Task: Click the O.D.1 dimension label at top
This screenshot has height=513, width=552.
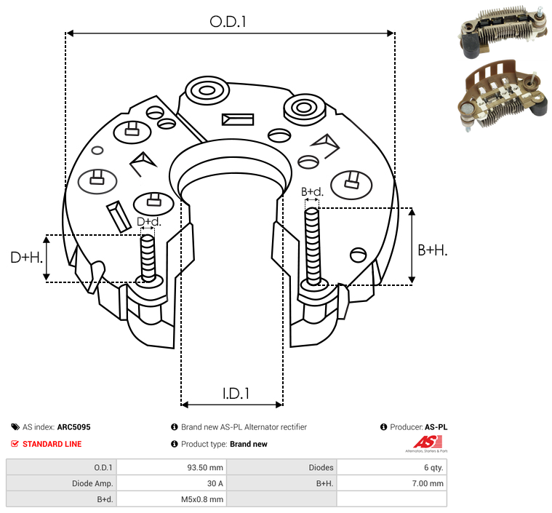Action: point(228,22)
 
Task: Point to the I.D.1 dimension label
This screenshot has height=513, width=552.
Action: point(236,394)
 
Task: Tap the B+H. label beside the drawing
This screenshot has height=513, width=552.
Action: point(433,250)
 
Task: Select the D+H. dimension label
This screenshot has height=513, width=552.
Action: point(27,258)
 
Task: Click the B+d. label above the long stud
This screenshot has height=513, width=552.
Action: point(312,191)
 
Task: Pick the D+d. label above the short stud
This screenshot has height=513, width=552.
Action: point(149,222)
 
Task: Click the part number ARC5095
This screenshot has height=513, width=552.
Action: point(74,427)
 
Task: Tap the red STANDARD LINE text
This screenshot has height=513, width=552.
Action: point(52,444)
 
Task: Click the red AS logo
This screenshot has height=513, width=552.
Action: point(427,444)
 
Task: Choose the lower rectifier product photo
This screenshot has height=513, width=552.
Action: point(503,95)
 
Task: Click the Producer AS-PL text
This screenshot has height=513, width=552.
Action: point(419,427)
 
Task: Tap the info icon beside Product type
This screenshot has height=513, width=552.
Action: point(175,444)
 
